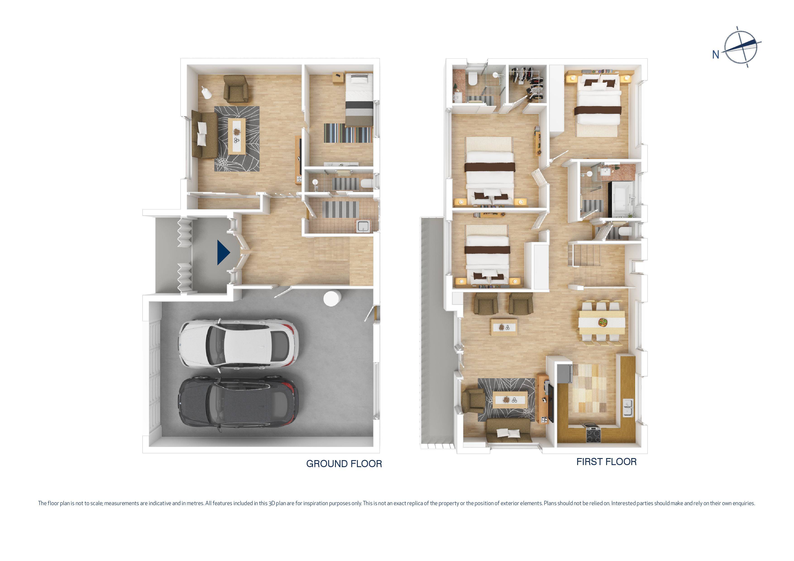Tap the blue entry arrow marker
pyautogui.click(x=223, y=253)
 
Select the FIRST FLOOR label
pyautogui.click(x=606, y=461)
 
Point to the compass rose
pyautogui.click(x=741, y=47)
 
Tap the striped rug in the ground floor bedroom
pyautogui.click(x=348, y=133)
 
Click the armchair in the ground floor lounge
pyautogui.click(x=236, y=89)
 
